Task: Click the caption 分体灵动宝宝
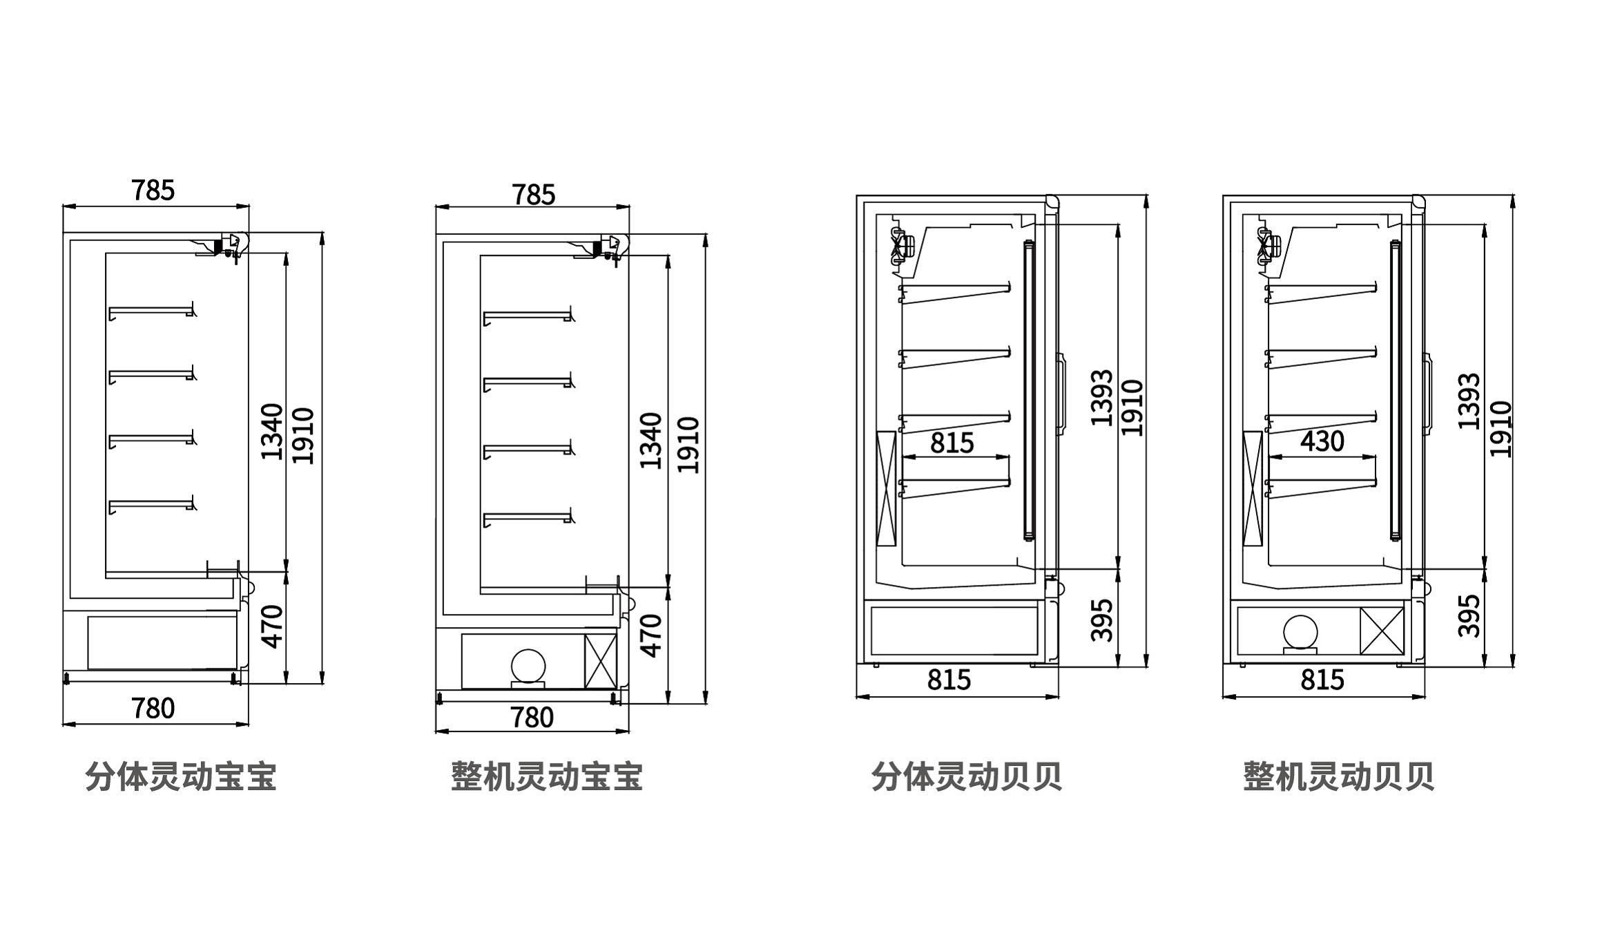tap(181, 777)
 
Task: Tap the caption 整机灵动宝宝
tap(547, 777)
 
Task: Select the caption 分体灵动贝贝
tap(966, 777)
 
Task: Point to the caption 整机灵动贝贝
tap(1339, 777)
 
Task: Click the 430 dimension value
tap(1322, 441)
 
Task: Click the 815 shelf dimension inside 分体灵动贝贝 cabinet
tap(952, 443)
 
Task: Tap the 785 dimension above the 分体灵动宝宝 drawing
tap(153, 191)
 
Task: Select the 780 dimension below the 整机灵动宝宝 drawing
tap(532, 718)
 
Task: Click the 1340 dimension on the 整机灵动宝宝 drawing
tap(650, 441)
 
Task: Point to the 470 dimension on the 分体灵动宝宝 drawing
tap(273, 626)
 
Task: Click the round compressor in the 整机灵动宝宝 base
tap(528, 666)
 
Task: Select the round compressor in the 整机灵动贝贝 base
tap(1300, 632)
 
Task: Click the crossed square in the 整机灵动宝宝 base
tap(600, 661)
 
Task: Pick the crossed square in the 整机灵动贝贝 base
tap(1382, 631)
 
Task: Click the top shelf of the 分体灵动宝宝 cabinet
tap(151, 311)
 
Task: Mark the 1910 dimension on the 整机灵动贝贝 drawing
tap(1500, 428)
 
